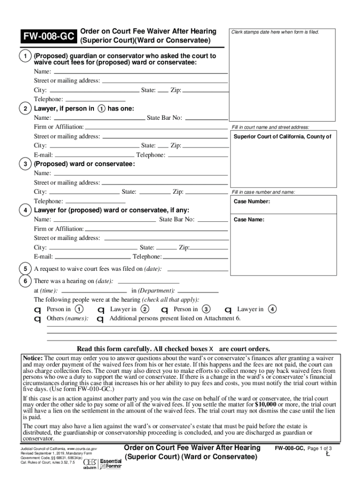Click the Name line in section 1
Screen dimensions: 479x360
point(140,73)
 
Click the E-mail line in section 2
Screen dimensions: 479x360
point(94,155)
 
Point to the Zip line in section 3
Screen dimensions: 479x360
point(206,192)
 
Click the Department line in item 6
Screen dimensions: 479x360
point(199,290)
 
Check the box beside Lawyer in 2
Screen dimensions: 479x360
point(101,310)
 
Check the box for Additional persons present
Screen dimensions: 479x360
point(100,319)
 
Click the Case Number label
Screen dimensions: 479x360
point(252,202)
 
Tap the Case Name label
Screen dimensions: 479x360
point(249,219)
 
